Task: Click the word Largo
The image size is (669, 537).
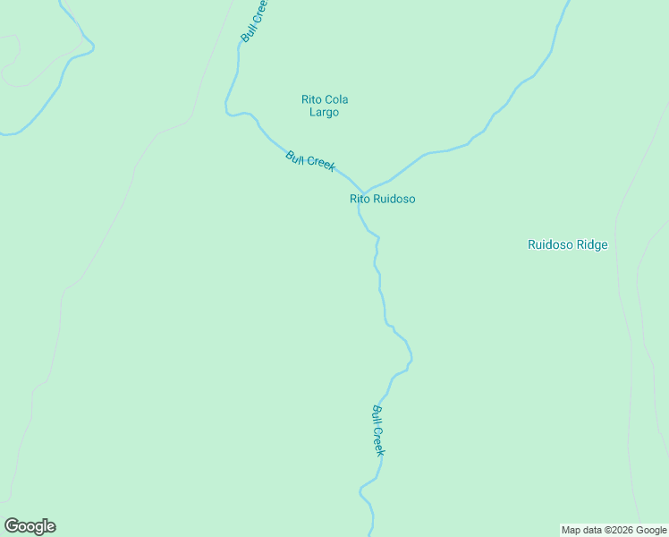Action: [324, 113]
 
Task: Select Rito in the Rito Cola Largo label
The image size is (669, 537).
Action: [311, 99]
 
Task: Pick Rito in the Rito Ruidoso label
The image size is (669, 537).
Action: [359, 199]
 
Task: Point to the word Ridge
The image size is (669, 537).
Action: [590, 244]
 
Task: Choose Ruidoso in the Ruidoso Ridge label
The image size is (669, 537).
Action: [549, 244]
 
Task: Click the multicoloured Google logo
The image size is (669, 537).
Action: [30, 526]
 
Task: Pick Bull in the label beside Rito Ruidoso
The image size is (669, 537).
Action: [295, 157]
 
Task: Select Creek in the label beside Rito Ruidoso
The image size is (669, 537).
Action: [319, 164]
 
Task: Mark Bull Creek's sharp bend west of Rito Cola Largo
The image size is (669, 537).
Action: [229, 111]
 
